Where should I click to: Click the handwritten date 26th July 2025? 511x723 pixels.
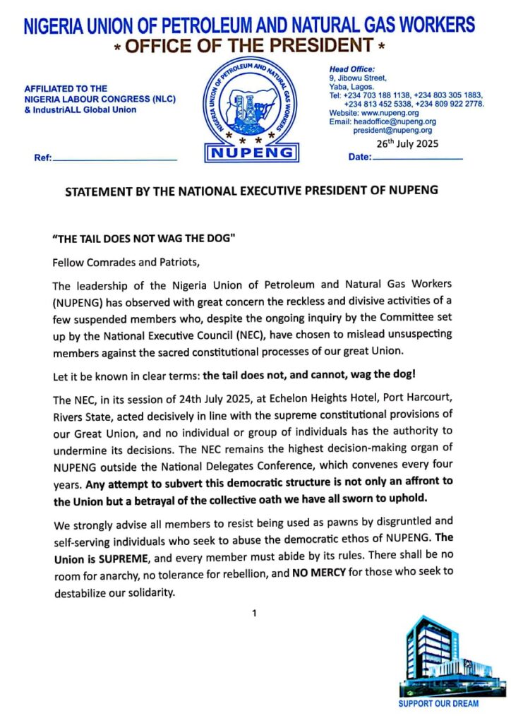point(407,143)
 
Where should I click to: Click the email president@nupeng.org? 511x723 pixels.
point(393,130)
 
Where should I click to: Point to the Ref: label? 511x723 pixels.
point(43,158)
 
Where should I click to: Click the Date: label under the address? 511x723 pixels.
point(360,157)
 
